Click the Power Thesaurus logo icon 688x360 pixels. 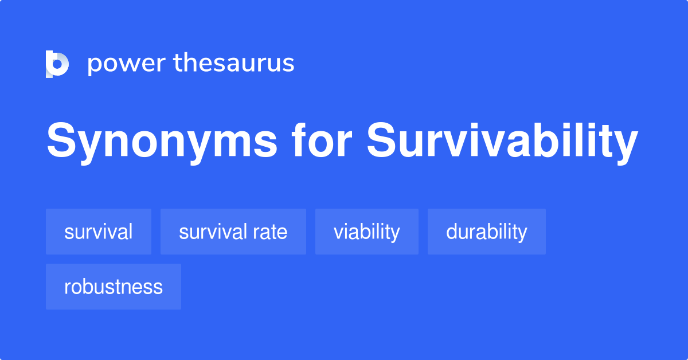[x=57, y=64]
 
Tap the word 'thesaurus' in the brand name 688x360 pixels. [x=234, y=63]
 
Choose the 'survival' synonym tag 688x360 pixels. [x=99, y=232]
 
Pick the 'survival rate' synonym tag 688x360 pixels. [x=233, y=232]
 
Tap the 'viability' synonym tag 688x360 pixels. [x=367, y=232]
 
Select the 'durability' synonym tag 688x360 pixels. [x=487, y=232]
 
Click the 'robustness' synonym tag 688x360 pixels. [x=114, y=287]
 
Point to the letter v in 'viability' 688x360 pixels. [x=338, y=233]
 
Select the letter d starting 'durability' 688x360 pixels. [x=451, y=232]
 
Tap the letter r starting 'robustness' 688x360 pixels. [x=67, y=288]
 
